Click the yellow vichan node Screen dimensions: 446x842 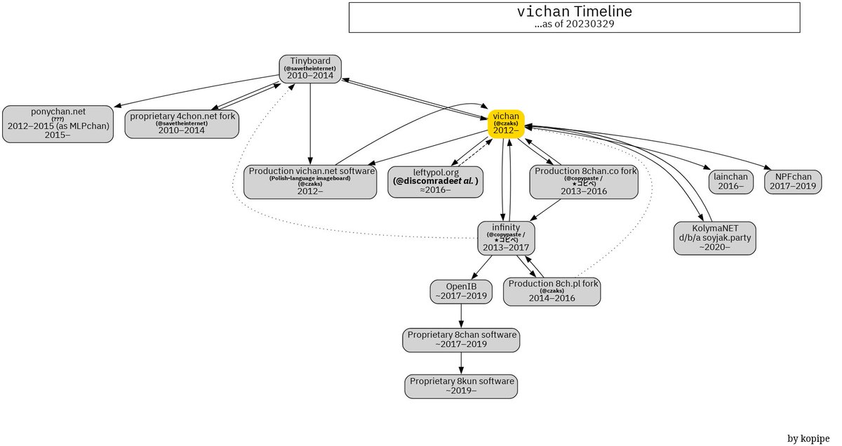tap(506, 123)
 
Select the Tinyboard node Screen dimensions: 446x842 tap(309, 69)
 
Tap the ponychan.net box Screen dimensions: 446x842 tap(58, 124)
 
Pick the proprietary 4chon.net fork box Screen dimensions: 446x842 tap(182, 123)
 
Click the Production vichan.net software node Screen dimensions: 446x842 tap(310, 182)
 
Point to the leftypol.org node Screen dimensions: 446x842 tap(436, 182)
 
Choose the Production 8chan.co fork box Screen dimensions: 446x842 tap(584, 182)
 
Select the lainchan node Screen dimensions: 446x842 tap(728, 182)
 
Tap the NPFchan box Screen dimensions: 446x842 tap(792, 182)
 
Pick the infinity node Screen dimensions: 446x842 tap(506, 238)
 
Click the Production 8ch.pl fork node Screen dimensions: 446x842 tap(552, 291)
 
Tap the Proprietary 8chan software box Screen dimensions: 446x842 tap(461, 339)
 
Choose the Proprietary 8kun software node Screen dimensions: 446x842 tap(462, 386)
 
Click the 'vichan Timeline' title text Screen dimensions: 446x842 tap(574, 12)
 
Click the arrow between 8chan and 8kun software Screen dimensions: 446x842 tap(461, 363)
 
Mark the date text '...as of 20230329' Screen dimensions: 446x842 tap(574, 24)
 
